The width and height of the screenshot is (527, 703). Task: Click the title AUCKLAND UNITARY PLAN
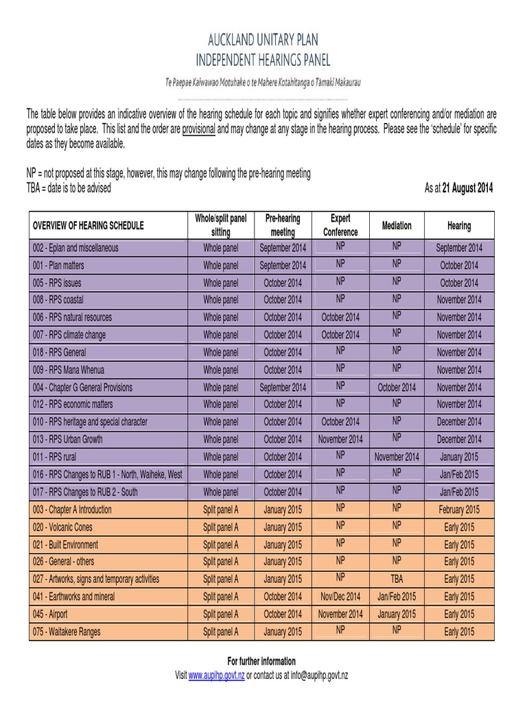[x=263, y=39]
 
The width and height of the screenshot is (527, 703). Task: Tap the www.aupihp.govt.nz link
[x=217, y=676]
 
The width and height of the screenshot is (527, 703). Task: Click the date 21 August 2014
[x=467, y=188]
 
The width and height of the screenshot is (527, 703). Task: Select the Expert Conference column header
[x=340, y=225]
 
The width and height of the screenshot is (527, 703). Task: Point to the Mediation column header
[x=397, y=225]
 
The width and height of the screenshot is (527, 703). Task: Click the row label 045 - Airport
[x=50, y=614]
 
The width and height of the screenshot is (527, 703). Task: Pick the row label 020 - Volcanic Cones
[x=62, y=527]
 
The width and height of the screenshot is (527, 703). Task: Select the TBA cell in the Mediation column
[x=397, y=579]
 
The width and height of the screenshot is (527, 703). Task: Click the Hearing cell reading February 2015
[x=459, y=509]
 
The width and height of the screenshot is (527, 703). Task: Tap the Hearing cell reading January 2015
[x=459, y=457]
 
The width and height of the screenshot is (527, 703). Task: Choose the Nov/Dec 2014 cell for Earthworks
[x=340, y=597]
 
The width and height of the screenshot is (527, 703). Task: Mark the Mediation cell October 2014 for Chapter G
[x=397, y=387]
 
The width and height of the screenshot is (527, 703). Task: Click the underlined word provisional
[x=199, y=129]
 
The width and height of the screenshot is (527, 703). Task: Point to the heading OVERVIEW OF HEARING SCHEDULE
[x=89, y=225]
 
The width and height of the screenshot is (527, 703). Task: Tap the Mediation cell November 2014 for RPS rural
[x=397, y=457]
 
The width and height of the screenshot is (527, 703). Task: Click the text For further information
[x=262, y=662]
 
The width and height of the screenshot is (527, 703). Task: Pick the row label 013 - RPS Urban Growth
[x=68, y=439]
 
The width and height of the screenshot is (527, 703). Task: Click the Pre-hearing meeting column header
[x=283, y=225]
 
